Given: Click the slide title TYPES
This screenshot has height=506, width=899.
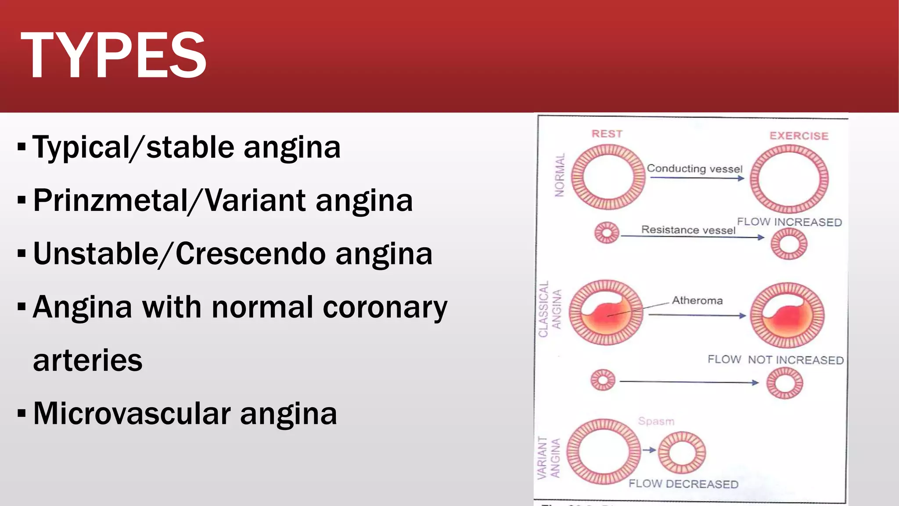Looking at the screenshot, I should point(113,55).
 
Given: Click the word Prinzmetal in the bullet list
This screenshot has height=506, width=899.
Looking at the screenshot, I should point(110,200).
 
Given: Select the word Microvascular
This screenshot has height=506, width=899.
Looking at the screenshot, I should point(132,413).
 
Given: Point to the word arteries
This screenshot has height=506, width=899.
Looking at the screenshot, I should point(88,360).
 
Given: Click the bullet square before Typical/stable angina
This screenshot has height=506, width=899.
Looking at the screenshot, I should point(22,147).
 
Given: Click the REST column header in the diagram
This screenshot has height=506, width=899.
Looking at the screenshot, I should point(607,134).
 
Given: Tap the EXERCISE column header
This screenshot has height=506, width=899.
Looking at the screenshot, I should point(799,136).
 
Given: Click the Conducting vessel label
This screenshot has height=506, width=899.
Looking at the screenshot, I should point(694,168).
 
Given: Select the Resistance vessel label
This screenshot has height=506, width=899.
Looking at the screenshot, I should point(688,229).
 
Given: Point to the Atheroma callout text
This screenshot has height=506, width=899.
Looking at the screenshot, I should point(697,300).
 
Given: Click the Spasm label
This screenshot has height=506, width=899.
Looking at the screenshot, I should point(656,421).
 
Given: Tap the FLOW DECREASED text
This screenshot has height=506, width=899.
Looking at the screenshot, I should point(683,484).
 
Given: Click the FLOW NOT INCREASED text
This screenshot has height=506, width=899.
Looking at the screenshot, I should point(775,359).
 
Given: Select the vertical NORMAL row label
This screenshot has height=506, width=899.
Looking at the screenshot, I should point(559,175).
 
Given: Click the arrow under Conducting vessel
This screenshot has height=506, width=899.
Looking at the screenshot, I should point(697,178).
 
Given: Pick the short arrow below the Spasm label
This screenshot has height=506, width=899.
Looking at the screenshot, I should point(649,450).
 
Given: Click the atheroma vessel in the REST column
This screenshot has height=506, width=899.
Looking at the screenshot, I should point(606,312).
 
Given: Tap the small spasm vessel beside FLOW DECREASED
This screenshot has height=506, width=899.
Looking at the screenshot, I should point(682,452).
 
